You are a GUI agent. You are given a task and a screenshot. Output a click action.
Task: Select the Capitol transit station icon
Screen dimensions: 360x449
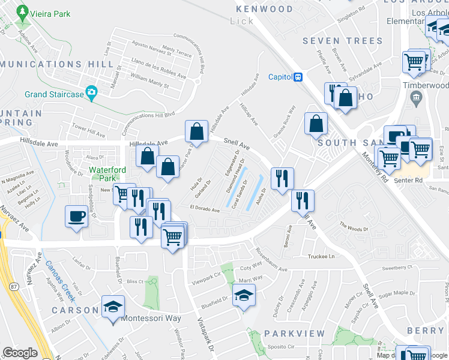click(297, 77)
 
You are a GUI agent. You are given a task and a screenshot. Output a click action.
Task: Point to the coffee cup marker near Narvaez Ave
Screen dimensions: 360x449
click(76, 216)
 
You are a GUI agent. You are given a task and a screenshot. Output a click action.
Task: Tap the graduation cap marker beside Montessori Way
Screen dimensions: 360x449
click(113, 307)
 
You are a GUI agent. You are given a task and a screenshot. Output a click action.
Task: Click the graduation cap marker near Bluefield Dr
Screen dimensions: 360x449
click(244, 295)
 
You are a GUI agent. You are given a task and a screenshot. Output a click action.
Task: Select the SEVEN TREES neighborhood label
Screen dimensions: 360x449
click(342, 41)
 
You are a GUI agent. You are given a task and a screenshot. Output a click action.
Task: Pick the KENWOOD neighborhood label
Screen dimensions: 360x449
click(265, 9)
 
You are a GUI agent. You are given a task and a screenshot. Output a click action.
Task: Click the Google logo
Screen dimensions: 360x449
click(20, 353)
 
